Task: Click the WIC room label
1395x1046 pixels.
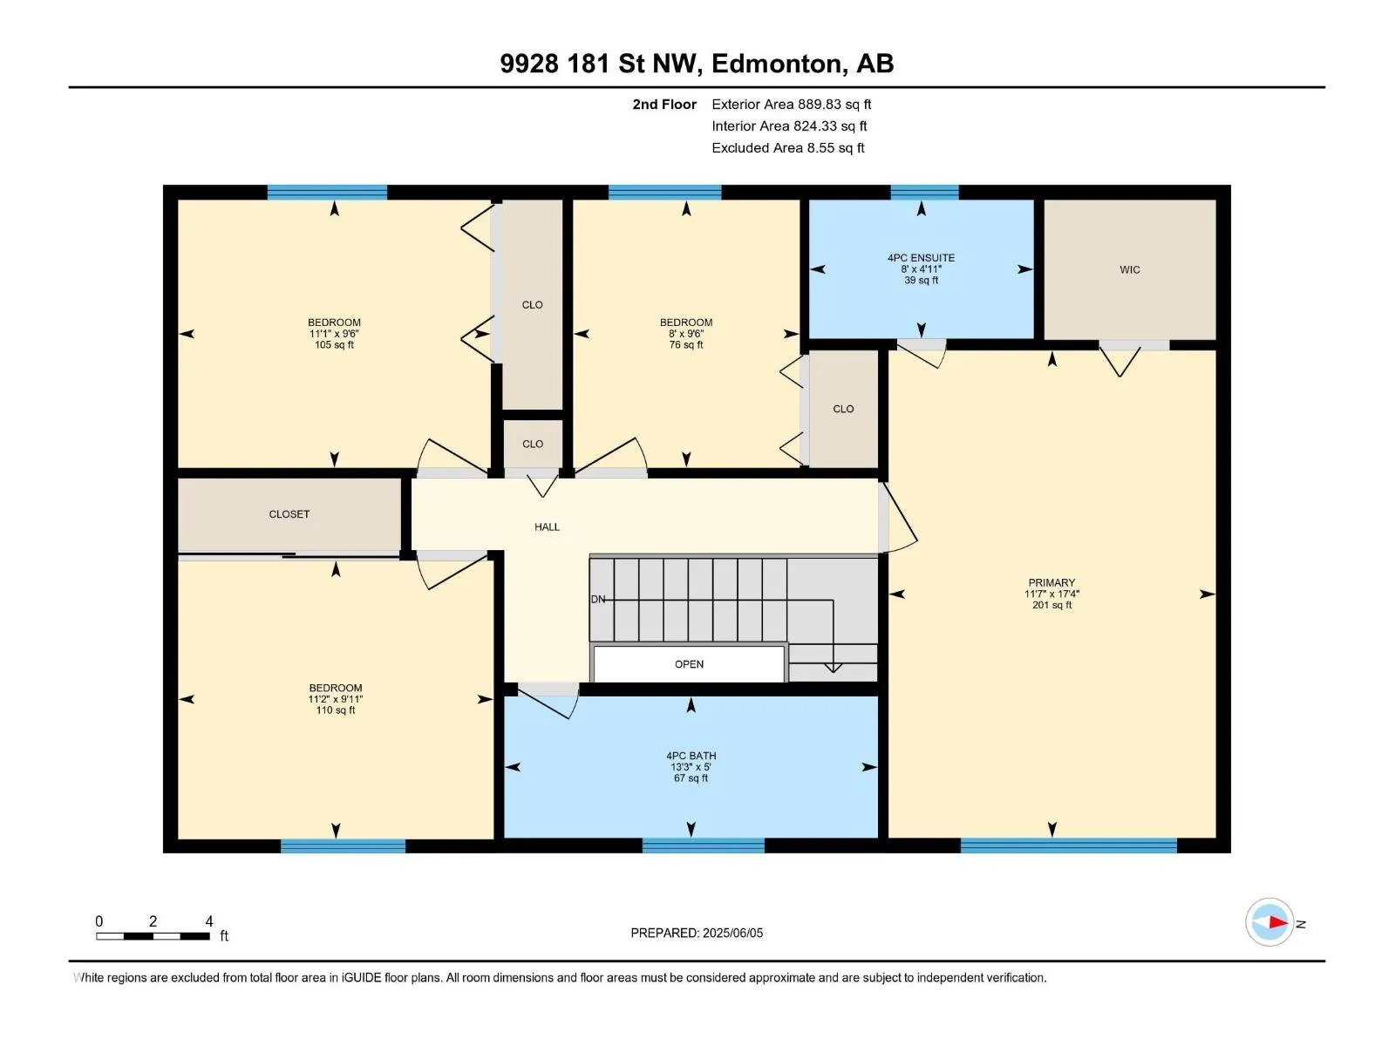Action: point(1129,270)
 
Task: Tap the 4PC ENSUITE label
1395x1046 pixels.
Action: point(921,258)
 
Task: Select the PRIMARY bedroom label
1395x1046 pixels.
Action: point(1051,582)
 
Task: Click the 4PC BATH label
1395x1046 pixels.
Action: point(691,756)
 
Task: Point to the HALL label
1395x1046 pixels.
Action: point(547,526)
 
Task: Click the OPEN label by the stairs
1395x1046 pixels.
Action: point(689,664)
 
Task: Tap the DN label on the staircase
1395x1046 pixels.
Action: point(597,599)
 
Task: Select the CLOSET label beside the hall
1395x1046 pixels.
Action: point(289,513)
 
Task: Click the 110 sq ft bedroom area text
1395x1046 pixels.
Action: point(336,710)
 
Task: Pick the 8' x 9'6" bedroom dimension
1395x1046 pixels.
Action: point(686,334)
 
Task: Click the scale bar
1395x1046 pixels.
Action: point(153,935)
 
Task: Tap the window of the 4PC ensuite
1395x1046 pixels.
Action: point(924,192)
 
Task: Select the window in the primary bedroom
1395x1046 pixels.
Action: point(1068,846)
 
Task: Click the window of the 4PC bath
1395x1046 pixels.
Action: point(703,846)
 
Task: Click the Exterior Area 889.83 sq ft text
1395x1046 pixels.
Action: point(792,104)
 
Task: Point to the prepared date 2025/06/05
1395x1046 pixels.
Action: point(732,933)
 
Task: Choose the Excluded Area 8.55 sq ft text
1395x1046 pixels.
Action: point(788,148)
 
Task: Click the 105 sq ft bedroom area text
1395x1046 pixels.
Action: point(334,345)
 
